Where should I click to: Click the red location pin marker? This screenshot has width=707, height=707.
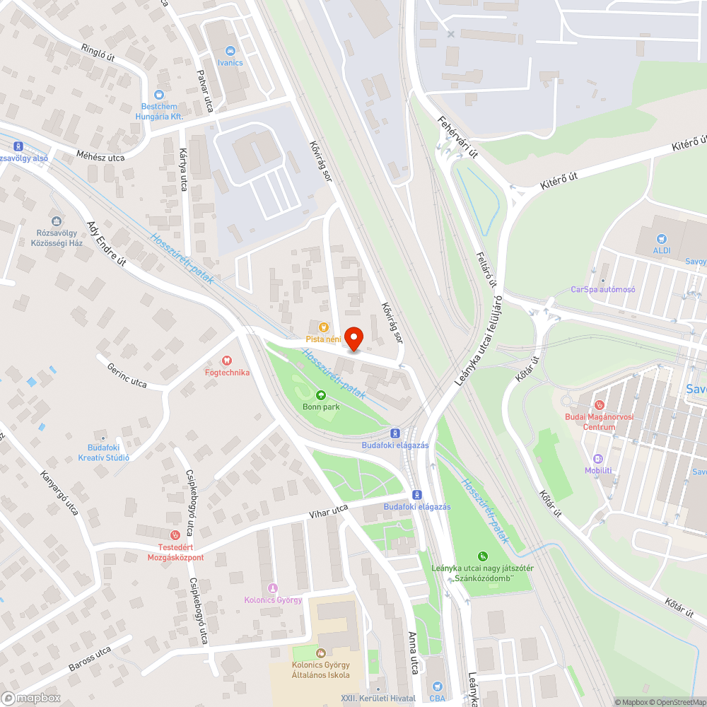click(353, 338)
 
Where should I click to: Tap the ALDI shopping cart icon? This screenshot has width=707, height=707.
click(662, 240)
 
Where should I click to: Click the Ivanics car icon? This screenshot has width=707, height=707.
click(230, 51)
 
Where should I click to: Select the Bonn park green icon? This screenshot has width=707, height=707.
click(321, 395)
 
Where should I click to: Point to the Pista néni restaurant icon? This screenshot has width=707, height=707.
click(324, 327)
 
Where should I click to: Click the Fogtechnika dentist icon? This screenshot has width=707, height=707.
click(227, 361)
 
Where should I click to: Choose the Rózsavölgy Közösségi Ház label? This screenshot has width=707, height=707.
click(60, 237)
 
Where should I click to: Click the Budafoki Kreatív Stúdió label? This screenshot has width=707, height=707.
click(104, 452)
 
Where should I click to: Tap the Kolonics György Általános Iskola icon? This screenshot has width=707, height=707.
click(321, 653)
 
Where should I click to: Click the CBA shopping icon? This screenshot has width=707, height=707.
click(437, 686)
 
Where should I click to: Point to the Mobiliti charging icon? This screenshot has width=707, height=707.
click(598, 458)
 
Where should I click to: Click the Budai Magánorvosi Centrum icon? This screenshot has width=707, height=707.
click(600, 405)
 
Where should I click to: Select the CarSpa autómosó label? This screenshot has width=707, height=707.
click(603, 289)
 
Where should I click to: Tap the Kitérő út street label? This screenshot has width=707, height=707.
click(559, 177)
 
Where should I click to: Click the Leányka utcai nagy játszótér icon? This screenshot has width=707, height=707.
click(483, 556)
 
